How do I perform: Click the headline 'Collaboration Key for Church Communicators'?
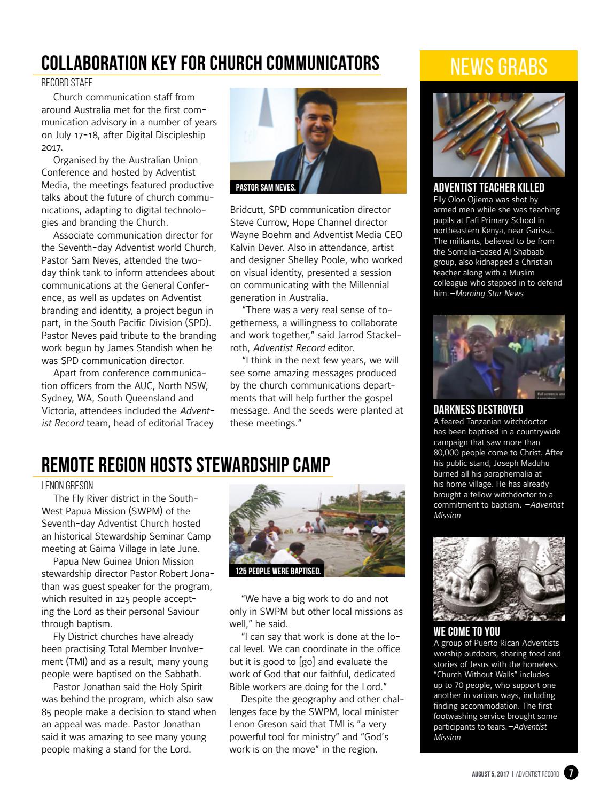point(211,63)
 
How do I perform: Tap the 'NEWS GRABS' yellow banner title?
point(498,67)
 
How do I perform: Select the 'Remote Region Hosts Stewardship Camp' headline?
point(186,464)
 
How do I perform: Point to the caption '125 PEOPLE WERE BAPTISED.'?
point(278,571)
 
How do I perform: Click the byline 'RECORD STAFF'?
point(67,83)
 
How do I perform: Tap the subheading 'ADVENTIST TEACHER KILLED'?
point(488,187)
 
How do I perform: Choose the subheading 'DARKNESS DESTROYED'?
point(478,410)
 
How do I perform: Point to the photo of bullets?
point(498,134)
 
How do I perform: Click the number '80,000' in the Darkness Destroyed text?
point(450,453)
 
